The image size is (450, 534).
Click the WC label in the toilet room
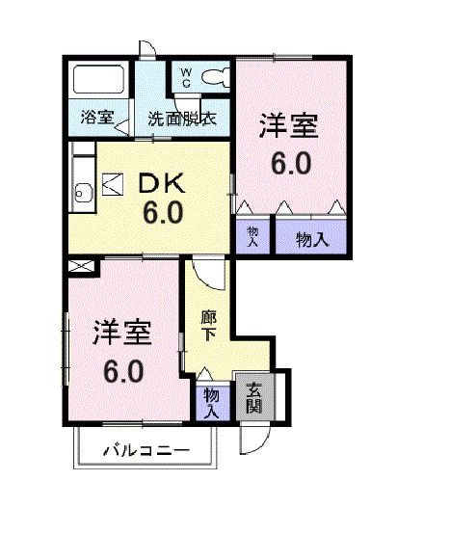tap(186, 77)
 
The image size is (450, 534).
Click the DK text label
tap(165, 183)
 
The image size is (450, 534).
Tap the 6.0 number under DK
tap(163, 211)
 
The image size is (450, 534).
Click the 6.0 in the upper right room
tap(290, 163)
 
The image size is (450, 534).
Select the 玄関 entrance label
tap(253, 398)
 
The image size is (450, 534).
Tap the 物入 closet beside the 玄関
tap(212, 399)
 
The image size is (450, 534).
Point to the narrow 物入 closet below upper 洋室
tap(253, 238)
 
